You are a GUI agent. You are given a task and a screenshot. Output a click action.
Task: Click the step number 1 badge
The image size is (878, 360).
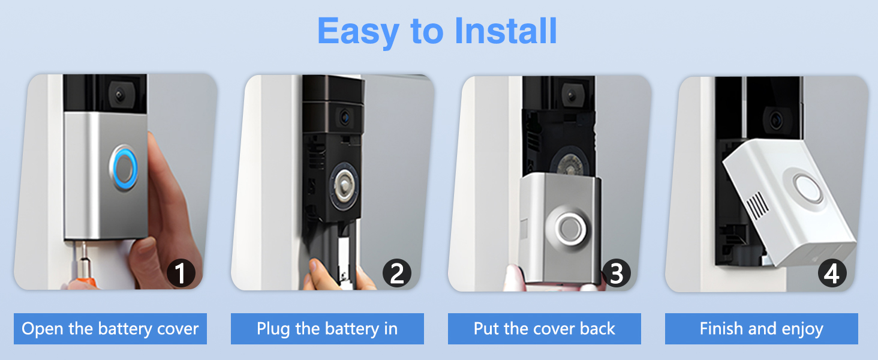[x=181, y=274]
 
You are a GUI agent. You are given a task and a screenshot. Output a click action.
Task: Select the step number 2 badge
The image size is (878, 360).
[x=397, y=274]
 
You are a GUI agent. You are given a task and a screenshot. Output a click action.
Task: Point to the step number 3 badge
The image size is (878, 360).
[x=615, y=274]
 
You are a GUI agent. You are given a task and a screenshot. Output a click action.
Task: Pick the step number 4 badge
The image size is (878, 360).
[x=832, y=274]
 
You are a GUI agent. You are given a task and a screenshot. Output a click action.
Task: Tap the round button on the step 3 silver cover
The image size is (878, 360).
[x=568, y=227]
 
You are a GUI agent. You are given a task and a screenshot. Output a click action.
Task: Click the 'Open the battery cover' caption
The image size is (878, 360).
[x=110, y=329]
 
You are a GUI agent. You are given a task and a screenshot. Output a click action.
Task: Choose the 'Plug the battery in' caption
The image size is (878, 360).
[x=327, y=329]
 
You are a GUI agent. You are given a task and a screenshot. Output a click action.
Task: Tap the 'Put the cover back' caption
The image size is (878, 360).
[x=544, y=329]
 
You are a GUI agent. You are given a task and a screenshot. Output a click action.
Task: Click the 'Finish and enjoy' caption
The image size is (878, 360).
[x=761, y=329]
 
